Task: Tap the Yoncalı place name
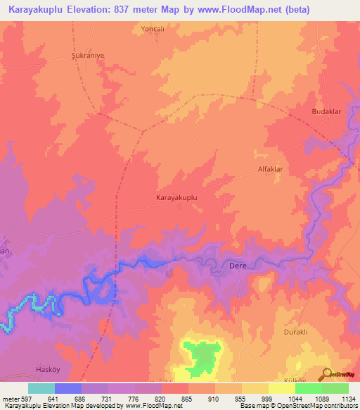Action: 152,30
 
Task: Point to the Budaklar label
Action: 326,112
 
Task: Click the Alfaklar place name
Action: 270,170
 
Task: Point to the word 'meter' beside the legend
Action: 9,398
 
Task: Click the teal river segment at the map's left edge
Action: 7,324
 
